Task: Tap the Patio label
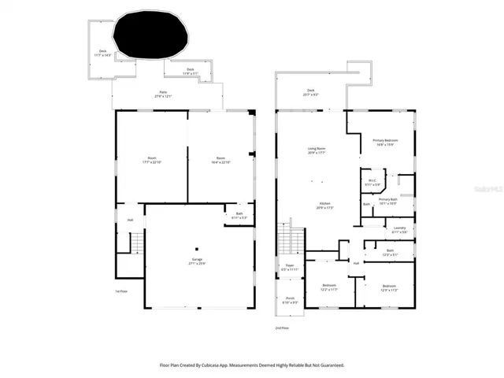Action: click(163, 94)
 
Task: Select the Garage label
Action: click(196, 262)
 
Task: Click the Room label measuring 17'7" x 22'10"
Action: click(152, 161)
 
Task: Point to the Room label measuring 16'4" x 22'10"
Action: click(221, 161)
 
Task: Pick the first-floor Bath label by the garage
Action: click(239, 215)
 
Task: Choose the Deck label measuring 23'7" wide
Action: click(310, 92)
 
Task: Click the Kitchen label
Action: click(325, 206)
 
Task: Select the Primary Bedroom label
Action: click(385, 142)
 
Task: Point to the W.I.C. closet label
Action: click(373, 183)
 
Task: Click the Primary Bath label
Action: click(388, 201)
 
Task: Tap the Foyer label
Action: click(289, 268)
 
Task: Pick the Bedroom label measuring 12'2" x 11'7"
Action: click(329, 287)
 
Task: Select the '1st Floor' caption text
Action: click(121, 291)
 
